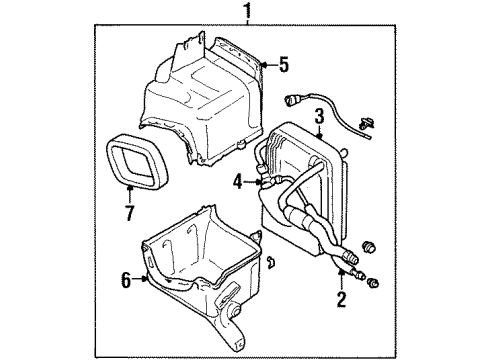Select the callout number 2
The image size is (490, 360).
coord(342,299)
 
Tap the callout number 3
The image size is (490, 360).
coord(320,117)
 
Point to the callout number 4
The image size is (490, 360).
coord(238,182)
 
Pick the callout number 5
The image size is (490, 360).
coord(284,64)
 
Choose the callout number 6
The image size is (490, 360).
coord(126,280)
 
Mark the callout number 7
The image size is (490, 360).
coord(129,213)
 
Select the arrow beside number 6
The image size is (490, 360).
coord(140,279)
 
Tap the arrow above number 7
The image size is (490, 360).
coord(130,194)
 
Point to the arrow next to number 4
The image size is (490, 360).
coord(252,182)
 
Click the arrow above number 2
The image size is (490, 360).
coord(341,279)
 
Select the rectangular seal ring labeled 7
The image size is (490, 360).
coord(137,161)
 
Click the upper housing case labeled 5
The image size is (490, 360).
coord(202,99)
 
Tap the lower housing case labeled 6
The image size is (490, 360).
coord(201,278)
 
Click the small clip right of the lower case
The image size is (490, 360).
coord(271,262)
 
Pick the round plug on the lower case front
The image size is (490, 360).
coord(234,310)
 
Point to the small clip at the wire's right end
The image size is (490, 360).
coord(366,125)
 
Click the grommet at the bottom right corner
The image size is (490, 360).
coord(373,283)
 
